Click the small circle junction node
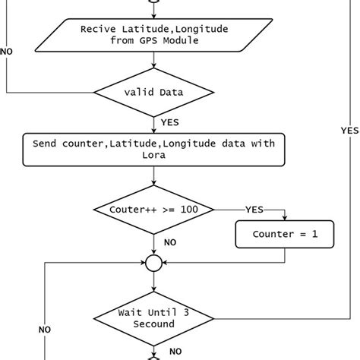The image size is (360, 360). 154,264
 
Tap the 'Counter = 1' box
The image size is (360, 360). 285,234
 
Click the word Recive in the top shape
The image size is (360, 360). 97,29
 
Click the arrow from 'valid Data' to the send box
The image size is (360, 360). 154,124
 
